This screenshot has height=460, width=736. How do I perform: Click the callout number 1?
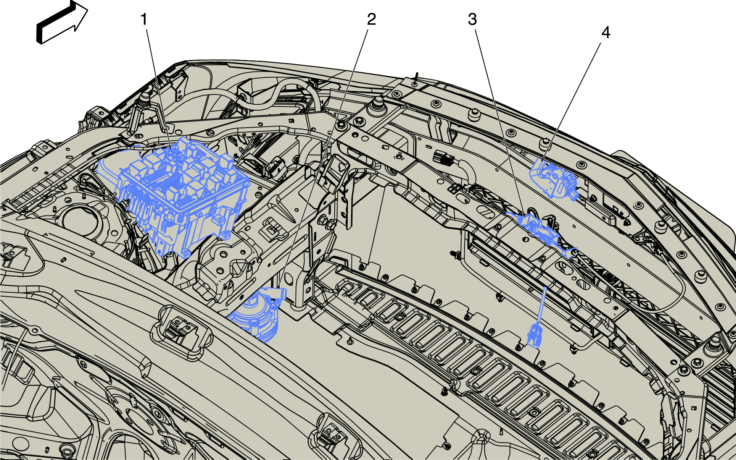(x=144, y=19)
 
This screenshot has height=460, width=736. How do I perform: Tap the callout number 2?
(x=371, y=19)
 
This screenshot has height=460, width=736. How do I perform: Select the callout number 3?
(x=472, y=19)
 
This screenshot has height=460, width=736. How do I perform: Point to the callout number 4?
(x=606, y=32)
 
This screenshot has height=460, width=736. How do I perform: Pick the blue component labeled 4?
(x=553, y=180)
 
